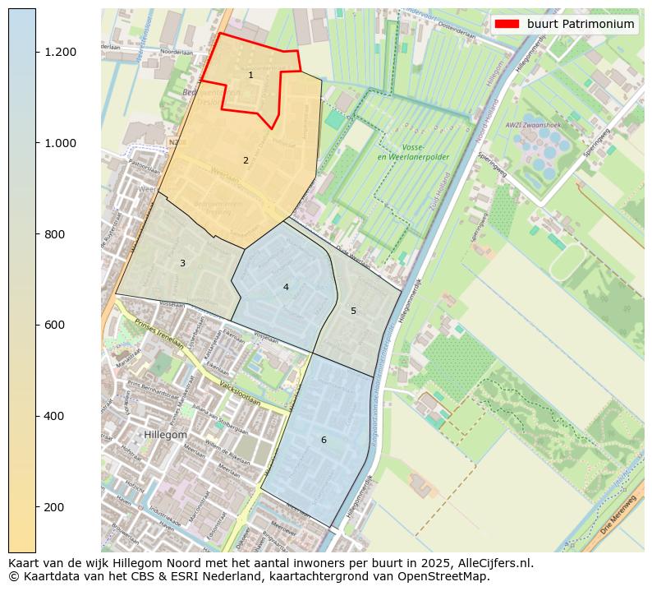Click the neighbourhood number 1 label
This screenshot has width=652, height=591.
click(250, 76)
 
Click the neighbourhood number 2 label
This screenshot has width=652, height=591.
click(246, 160)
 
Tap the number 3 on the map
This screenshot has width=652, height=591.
click(182, 263)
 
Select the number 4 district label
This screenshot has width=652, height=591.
click(286, 287)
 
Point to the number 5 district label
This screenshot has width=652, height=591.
click(354, 311)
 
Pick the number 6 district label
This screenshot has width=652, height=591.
click(324, 440)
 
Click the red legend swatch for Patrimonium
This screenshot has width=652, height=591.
click(507, 24)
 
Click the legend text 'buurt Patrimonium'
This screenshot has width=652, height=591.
click(581, 24)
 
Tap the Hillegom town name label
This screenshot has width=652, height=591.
click(166, 434)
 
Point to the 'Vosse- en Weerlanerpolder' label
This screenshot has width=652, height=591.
click(405, 152)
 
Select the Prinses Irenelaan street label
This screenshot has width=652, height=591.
click(159, 333)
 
